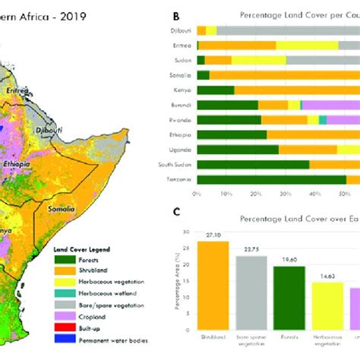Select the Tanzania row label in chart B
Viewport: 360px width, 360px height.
coord(178,180)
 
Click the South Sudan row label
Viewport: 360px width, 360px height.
coord(174,165)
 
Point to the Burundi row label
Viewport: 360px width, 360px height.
coord(179,105)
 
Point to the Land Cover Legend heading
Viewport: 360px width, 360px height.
coord(85,248)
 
